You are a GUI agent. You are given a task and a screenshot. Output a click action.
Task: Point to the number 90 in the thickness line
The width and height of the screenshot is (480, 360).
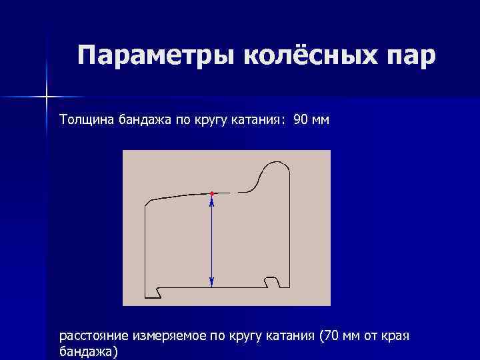tap(301, 120)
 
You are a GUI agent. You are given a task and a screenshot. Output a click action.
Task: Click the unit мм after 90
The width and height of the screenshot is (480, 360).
tap(321, 120)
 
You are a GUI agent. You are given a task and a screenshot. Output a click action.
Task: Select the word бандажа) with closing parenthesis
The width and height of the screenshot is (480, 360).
tap(89, 351)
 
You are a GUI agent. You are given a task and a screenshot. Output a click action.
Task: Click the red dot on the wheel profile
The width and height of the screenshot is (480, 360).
tap(211, 193)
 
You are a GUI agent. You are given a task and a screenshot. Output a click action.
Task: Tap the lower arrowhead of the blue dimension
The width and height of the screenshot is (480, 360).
tap(211, 283)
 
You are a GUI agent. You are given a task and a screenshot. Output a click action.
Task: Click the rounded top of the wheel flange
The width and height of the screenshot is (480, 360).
tap(275, 164)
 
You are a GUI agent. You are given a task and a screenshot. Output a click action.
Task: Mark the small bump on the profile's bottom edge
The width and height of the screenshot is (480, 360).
tap(271, 278)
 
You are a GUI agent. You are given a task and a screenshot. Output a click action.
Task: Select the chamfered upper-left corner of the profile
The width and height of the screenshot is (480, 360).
tap(147, 202)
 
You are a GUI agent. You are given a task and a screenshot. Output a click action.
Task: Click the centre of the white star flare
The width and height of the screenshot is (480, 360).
tap(47, 97)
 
